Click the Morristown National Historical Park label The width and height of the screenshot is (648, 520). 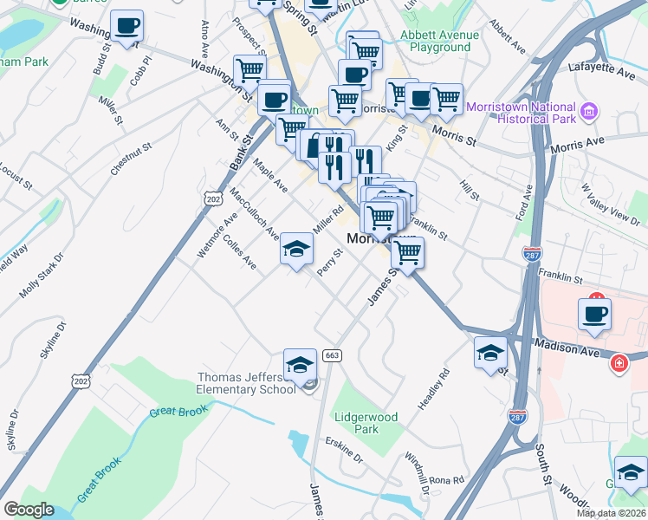tap(522, 112)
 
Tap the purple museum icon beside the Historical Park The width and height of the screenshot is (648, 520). tap(590, 110)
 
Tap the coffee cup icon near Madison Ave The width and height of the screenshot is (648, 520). tap(594, 315)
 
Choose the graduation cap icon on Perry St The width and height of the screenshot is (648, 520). tap(296, 250)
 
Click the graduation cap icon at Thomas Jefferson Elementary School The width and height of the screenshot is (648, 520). tap(300, 365)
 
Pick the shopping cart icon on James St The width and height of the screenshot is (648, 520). tap(406, 253)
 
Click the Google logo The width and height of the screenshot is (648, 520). tap(29, 510)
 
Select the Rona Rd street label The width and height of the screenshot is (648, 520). tap(446, 479)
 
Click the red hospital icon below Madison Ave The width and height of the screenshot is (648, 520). tap(619, 361)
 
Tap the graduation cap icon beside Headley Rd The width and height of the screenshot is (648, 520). tap(490, 353)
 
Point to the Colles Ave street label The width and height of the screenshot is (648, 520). tap(239, 250)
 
